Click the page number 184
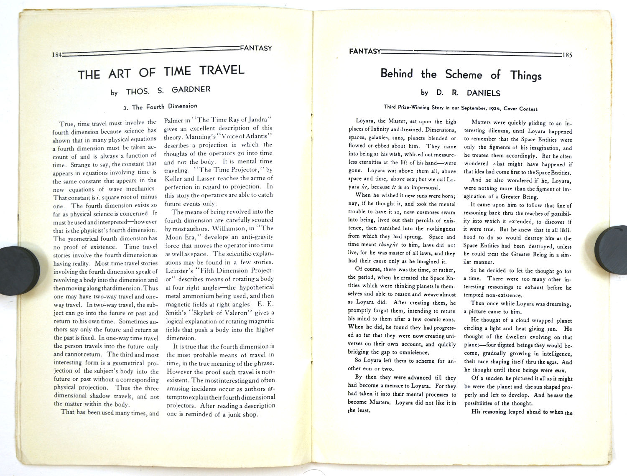[56, 55]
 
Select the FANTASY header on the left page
[256, 48]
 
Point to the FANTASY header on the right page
[364, 51]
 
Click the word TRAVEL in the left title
[222, 70]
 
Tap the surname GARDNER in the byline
[191, 89]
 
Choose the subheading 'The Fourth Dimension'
[164, 107]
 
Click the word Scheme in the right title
[464, 75]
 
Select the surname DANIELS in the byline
[484, 93]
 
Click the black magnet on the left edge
[19, 270]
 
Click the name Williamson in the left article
[228, 229]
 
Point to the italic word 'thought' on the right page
[388, 244]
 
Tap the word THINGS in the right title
[526, 76]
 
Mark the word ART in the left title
[120, 74]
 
